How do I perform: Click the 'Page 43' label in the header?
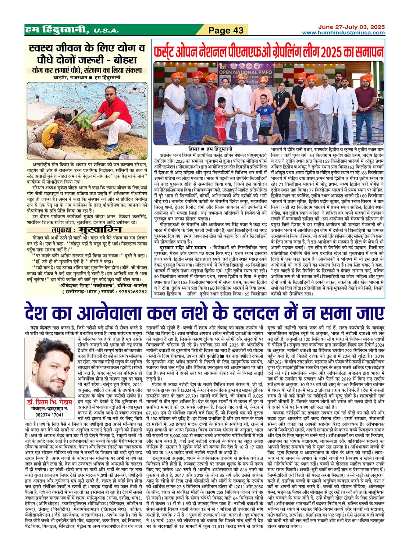pos(226,30)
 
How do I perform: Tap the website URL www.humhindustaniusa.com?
pos(343,33)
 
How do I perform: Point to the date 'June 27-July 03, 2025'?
pos(351,27)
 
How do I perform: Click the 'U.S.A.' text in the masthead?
pos(106,31)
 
